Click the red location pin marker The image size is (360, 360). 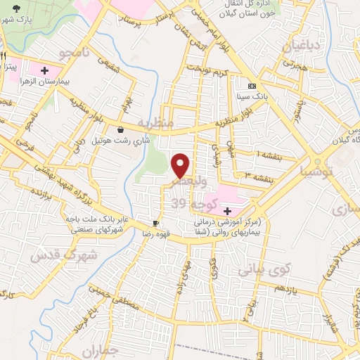[x=181, y=165]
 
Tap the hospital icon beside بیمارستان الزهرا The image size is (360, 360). [x=45, y=71]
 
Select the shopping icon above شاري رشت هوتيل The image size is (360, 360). [x=120, y=129]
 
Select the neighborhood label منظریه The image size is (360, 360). [x=155, y=122]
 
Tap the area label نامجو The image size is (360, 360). [x=73, y=53]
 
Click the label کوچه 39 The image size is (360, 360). [x=191, y=203]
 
